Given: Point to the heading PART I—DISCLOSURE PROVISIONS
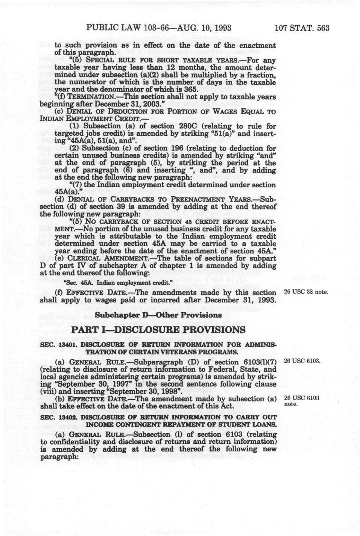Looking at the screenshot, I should click(158, 330).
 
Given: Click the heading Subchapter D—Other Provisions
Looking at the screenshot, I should click(158, 315).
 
